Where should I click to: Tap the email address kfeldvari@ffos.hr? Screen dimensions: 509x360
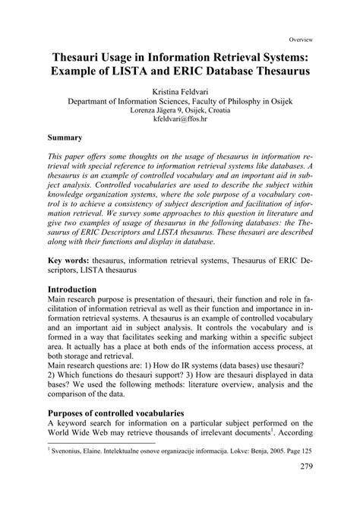179,120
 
